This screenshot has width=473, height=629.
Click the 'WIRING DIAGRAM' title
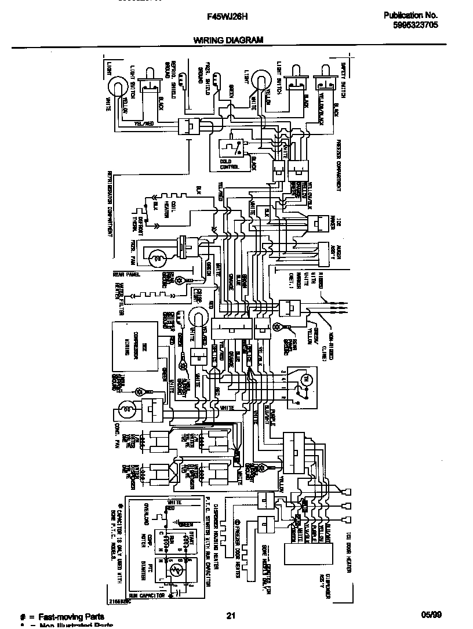tap(228, 40)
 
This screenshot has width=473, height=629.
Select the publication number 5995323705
tap(410, 26)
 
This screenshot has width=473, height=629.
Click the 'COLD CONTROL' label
tap(229, 164)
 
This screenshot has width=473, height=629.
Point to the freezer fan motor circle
tap(155, 254)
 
